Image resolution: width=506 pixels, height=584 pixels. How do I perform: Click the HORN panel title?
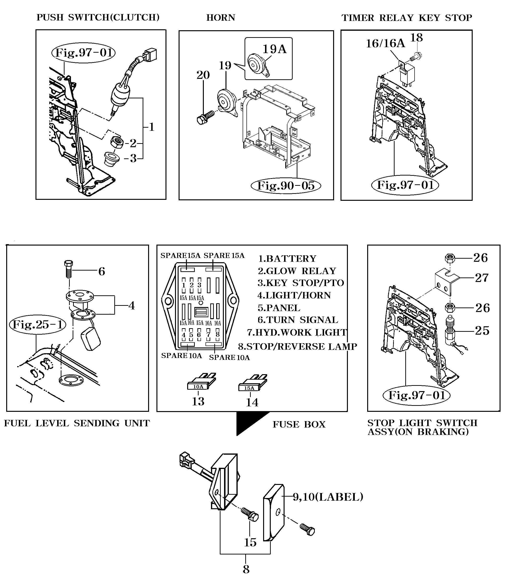pyautogui.click(x=220, y=18)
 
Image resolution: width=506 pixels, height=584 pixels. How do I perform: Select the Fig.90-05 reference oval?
pyautogui.click(x=286, y=186)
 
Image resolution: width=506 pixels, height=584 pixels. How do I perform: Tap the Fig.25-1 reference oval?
pyautogui.click(x=38, y=324)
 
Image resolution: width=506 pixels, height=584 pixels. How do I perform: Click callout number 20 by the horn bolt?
pyautogui.click(x=203, y=75)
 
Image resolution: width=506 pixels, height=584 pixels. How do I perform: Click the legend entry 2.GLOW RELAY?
pyautogui.click(x=297, y=271)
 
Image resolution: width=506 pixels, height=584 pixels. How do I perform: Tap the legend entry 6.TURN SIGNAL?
pyautogui.click(x=298, y=320)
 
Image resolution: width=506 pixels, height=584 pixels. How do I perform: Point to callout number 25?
pyautogui.click(x=482, y=331)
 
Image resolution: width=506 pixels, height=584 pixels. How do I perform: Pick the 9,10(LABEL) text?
pyautogui.click(x=328, y=497)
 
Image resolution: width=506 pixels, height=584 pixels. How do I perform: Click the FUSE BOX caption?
pyautogui.click(x=299, y=424)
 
